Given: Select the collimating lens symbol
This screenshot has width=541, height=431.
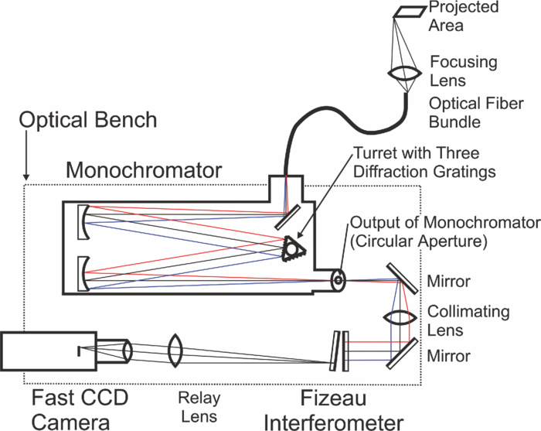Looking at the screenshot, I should click(x=399, y=317).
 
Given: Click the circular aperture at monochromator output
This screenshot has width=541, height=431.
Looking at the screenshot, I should click(x=338, y=279).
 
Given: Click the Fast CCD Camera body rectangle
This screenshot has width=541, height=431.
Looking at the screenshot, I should click(x=49, y=351).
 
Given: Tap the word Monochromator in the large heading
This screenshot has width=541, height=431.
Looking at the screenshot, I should click(x=144, y=168).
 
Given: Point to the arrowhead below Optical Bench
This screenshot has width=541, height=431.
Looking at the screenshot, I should click(x=27, y=175).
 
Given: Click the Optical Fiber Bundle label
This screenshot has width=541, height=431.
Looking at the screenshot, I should click(x=467, y=113).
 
